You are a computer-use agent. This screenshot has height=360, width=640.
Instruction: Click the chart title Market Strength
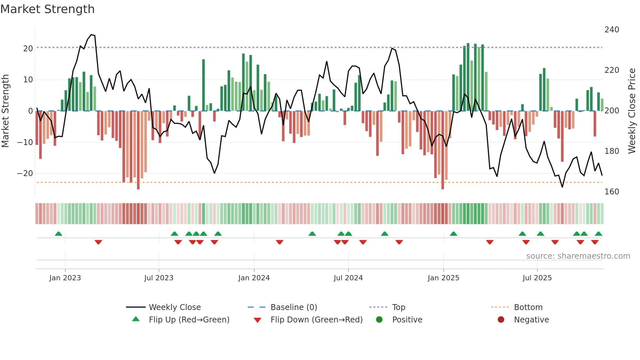click(x=47, y=9)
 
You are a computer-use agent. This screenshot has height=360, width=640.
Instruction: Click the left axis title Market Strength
click(x=6, y=111)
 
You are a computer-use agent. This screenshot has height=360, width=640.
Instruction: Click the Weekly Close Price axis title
click(x=632, y=111)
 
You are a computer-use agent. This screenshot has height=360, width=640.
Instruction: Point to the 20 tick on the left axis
click(x=28, y=49)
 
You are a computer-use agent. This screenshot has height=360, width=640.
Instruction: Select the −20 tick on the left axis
click(x=25, y=173)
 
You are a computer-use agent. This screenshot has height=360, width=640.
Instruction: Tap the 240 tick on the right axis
click(x=612, y=30)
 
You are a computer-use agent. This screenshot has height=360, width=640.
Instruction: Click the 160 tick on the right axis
click(x=612, y=192)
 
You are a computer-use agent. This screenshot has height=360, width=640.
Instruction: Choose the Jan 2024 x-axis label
click(x=254, y=278)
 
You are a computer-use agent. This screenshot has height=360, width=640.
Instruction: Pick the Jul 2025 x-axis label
click(x=537, y=278)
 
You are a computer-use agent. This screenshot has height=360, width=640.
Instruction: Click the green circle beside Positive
click(x=379, y=319)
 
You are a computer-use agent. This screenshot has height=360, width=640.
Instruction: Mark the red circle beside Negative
click(x=501, y=319)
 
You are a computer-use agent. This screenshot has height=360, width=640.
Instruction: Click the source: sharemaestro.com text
click(x=578, y=256)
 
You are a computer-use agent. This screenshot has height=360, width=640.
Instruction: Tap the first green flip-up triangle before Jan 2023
click(x=58, y=234)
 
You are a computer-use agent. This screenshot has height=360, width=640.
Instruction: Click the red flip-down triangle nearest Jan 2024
click(x=280, y=242)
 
